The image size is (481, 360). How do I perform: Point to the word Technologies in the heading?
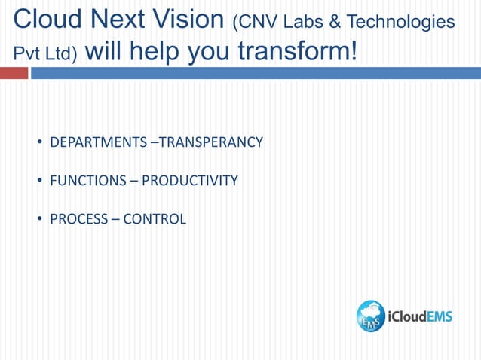pyautogui.click(x=400, y=23)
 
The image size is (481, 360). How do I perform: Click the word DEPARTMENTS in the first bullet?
pyautogui.click(x=98, y=142)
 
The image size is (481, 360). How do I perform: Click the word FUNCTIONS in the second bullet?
pyautogui.click(x=88, y=181)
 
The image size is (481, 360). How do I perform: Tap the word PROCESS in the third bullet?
pyautogui.click(x=78, y=220)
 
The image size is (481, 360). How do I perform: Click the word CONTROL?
pyautogui.click(x=155, y=220)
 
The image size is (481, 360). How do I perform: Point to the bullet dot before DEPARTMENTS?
pyautogui.click(x=38, y=142)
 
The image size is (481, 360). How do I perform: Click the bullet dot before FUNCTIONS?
pyautogui.click(x=38, y=181)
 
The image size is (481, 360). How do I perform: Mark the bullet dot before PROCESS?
pyautogui.click(x=38, y=220)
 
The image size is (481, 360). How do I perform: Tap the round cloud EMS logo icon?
pyautogui.click(x=371, y=316)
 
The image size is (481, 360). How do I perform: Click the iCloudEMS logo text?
pyautogui.click(x=420, y=316)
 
